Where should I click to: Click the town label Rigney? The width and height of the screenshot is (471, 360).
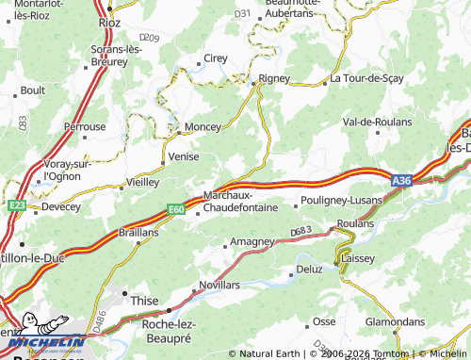point(274,79)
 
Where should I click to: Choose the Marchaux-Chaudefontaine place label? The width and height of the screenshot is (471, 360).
point(241,201)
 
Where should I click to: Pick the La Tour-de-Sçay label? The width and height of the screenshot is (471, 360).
point(366,79)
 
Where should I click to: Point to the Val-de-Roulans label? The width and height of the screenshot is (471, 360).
point(379,122)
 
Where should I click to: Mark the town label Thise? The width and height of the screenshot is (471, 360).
point(144,301)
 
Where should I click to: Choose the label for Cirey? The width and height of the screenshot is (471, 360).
point(216,58)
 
